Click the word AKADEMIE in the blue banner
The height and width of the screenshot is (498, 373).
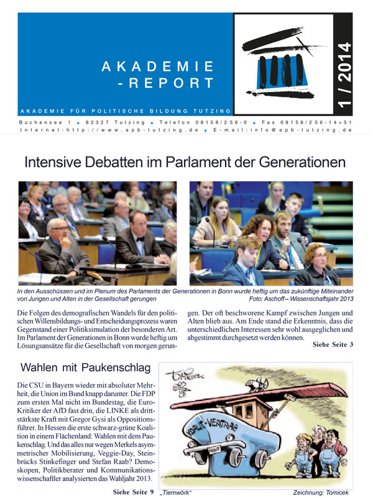pos(157,66)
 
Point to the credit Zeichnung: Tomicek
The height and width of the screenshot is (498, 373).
pos(324,492)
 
